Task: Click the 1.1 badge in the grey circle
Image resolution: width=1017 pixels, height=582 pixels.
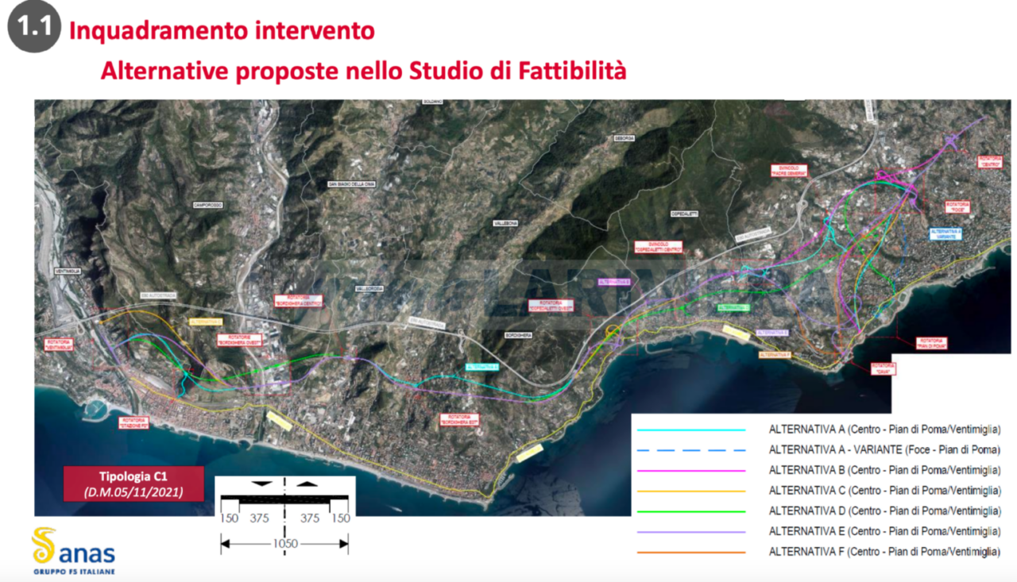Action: pyautogui.click(x=34, y=27)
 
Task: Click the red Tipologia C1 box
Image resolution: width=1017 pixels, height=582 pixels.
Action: pyautogui.click(x=133, y=484)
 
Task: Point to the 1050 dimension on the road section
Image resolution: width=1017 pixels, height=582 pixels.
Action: pyautogui.click(x=284, y=543)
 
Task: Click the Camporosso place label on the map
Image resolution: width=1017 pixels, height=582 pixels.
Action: pyautogui.click(x=205, y=204)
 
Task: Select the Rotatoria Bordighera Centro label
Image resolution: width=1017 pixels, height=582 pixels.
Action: pyautogui.click(x=298, y=302)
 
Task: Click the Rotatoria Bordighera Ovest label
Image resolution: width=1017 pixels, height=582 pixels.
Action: pyautogui.click(x=241, y=340)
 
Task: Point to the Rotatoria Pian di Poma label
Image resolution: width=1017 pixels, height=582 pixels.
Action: pyautogui.click(x=931, y=341)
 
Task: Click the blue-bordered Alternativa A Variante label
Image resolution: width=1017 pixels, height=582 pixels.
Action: pyautogui.click(x=945, y=234)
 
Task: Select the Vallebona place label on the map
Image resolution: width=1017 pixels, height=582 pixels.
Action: pyautogui.click(x=505, y=224)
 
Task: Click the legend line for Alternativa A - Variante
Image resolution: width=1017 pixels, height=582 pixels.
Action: pyautogui.click(x=690, y=450)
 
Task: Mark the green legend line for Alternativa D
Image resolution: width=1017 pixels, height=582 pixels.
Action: pyautogui.click(x=690, y=511)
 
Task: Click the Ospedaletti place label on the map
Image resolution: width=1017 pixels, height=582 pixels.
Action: pyautogui.click(x=683, y=214)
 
